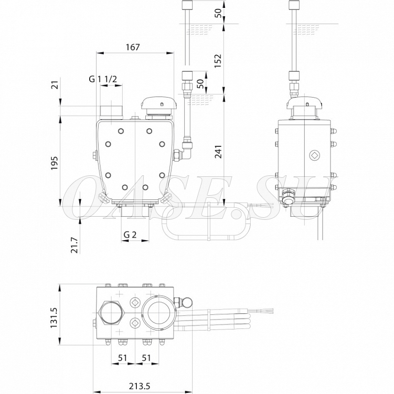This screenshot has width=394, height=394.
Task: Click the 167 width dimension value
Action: point(133,47)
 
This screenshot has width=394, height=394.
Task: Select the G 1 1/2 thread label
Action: point(103,79)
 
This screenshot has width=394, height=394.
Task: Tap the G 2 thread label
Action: point(130,235)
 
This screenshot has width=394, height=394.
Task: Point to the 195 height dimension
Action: point(55,163)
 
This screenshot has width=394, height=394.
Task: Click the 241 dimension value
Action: point(218,152)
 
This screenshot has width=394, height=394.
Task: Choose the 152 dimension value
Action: point(218,60)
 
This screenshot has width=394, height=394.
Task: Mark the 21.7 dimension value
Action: point(74,245)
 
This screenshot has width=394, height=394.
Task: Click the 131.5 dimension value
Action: point(54,317)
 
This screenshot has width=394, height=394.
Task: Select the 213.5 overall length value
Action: point(140,386)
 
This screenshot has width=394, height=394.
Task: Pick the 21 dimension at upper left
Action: point(56,85)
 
